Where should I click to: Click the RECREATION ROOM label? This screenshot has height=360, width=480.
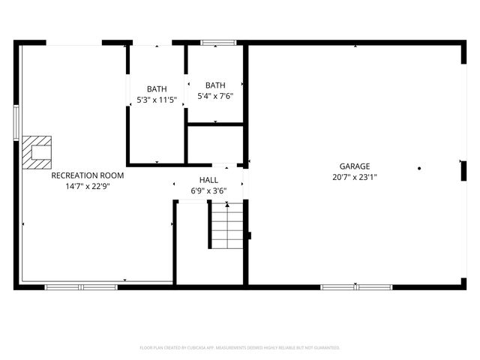(x=88, y=175)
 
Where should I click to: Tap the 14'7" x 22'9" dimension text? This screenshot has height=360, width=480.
(x=88, y=187)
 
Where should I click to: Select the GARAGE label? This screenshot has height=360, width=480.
(x=355, y=166)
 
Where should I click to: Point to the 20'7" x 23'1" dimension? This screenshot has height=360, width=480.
(x=355, y=178)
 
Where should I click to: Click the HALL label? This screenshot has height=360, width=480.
(x=208, y=180)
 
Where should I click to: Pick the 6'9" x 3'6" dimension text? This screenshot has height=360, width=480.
(x=208, y=191)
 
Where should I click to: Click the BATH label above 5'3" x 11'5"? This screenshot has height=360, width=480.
(x=157, y=88)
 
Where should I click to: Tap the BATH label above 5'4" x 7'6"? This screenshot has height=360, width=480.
(x=215, y=85)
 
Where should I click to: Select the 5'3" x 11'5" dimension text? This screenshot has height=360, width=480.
(x=157, y=100)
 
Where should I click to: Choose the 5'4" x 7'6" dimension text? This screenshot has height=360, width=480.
(x=215, y=96)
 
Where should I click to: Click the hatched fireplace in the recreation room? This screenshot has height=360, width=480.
(x=36, y=151)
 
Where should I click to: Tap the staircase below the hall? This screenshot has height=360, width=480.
(x=226, y=225)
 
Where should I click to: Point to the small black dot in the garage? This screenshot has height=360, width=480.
(x=420, y=168)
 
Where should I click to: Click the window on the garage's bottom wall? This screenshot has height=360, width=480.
(x=356, y=286)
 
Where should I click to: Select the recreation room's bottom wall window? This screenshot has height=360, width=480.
(x=81, y=286)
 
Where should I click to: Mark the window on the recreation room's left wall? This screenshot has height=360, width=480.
(x=16, y=122)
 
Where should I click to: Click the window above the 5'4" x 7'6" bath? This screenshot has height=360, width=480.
(x=214, y=43)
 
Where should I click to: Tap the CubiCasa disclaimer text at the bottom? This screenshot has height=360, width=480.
(x=240, y=348)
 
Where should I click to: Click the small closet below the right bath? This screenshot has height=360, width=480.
(x=215, y=144)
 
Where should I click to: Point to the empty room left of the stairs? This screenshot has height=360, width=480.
(x=191, y=244)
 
